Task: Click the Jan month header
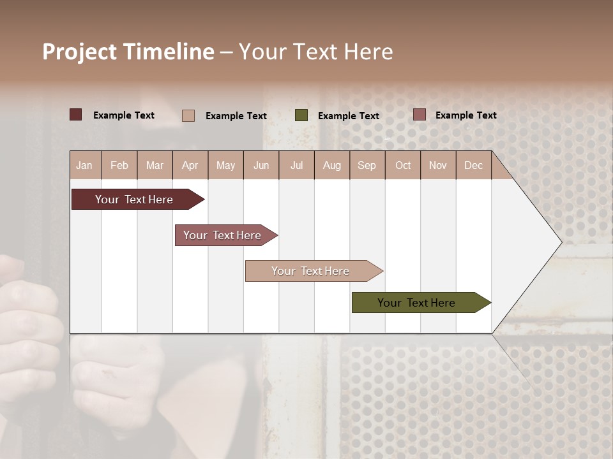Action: pyautogui.click(x=85, y=165)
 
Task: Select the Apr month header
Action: pyautogui.click(x=190, y=165)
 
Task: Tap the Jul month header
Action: pyautogui.click(x=296, y=165)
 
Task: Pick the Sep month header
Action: pyautogui.click(x=367, y=165)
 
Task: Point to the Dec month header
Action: pyautogui.click(x=473, y=165)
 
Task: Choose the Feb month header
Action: pyautogui.click(x=119, y=165)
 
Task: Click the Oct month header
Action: pyautogui.click(x=403, y=165)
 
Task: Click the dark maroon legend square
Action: pyautogui.click(x=76, y=115)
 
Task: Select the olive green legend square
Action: pyautogui.click(x=301, y=115)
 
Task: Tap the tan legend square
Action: pyautogui.click(x=188, y=115)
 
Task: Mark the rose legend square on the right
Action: pyautogui.click(x=419, y=115)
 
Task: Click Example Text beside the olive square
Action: pyautogui.click(x=348, y=116)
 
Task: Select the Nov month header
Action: pyautogui.click(x=438, y=165)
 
